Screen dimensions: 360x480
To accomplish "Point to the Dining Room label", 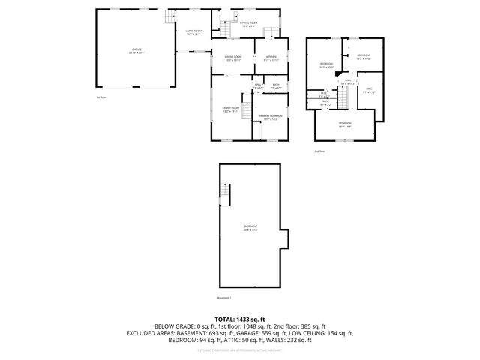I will tap(233, 58).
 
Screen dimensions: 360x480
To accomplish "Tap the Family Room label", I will tap(230, 109).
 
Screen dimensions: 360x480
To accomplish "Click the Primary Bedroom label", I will tap(271, 117).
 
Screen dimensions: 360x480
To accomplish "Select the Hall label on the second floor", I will tap(348, 81).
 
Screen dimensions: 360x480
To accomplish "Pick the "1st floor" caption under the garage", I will tap(101, 97).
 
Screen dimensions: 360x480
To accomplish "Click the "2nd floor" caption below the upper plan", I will tap(320, 151).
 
